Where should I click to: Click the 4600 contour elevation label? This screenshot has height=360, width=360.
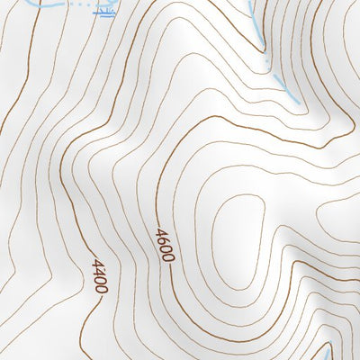165,245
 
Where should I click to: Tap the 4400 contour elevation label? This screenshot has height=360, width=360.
99,276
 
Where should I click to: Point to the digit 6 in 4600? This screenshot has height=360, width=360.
163,240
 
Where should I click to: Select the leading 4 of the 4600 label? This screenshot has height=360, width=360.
160,233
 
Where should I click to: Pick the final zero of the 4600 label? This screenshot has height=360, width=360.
168,256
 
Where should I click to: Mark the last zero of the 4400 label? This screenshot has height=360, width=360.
103,288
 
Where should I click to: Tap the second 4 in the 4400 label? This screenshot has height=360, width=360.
97,272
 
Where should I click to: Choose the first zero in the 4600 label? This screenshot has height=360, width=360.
166,248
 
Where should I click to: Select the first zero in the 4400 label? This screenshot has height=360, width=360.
100,280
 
